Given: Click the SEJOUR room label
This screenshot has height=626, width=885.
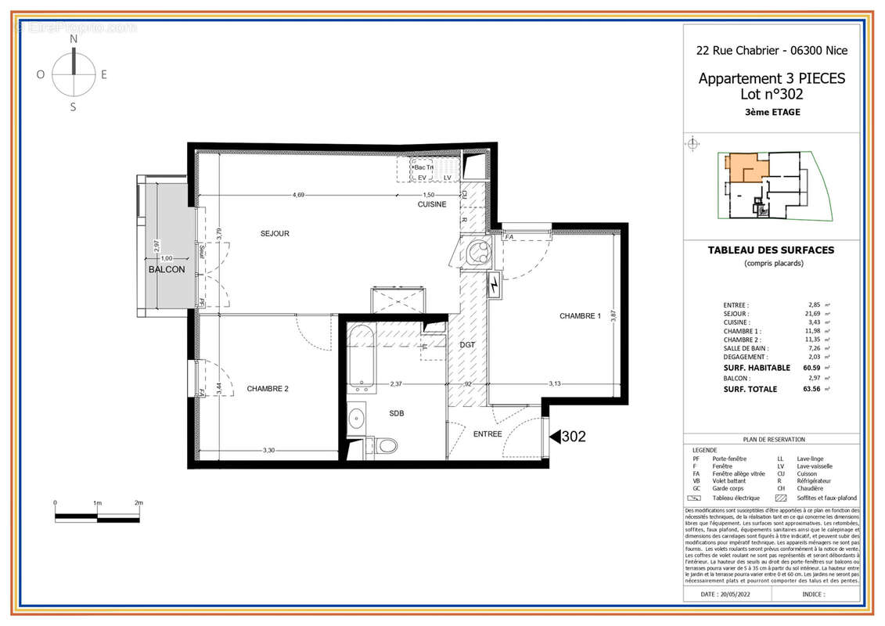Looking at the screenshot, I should click(275, 233).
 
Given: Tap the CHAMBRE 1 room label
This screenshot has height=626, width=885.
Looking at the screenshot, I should click(580, 316).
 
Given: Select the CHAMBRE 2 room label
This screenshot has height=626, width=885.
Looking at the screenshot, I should click(268, 388).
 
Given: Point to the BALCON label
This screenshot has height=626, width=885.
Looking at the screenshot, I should click(167, 269).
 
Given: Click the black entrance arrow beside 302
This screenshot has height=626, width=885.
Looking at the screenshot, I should click(553, 437).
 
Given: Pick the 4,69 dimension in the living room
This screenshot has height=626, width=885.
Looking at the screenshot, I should click(299, 195).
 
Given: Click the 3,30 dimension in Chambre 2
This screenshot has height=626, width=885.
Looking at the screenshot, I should click(268, 450).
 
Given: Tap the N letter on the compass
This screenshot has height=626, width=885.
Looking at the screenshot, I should click(74, 38).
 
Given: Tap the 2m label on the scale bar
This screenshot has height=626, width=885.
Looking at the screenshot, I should click(139, 502).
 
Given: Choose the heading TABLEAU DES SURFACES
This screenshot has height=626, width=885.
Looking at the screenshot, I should click(771, 250).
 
